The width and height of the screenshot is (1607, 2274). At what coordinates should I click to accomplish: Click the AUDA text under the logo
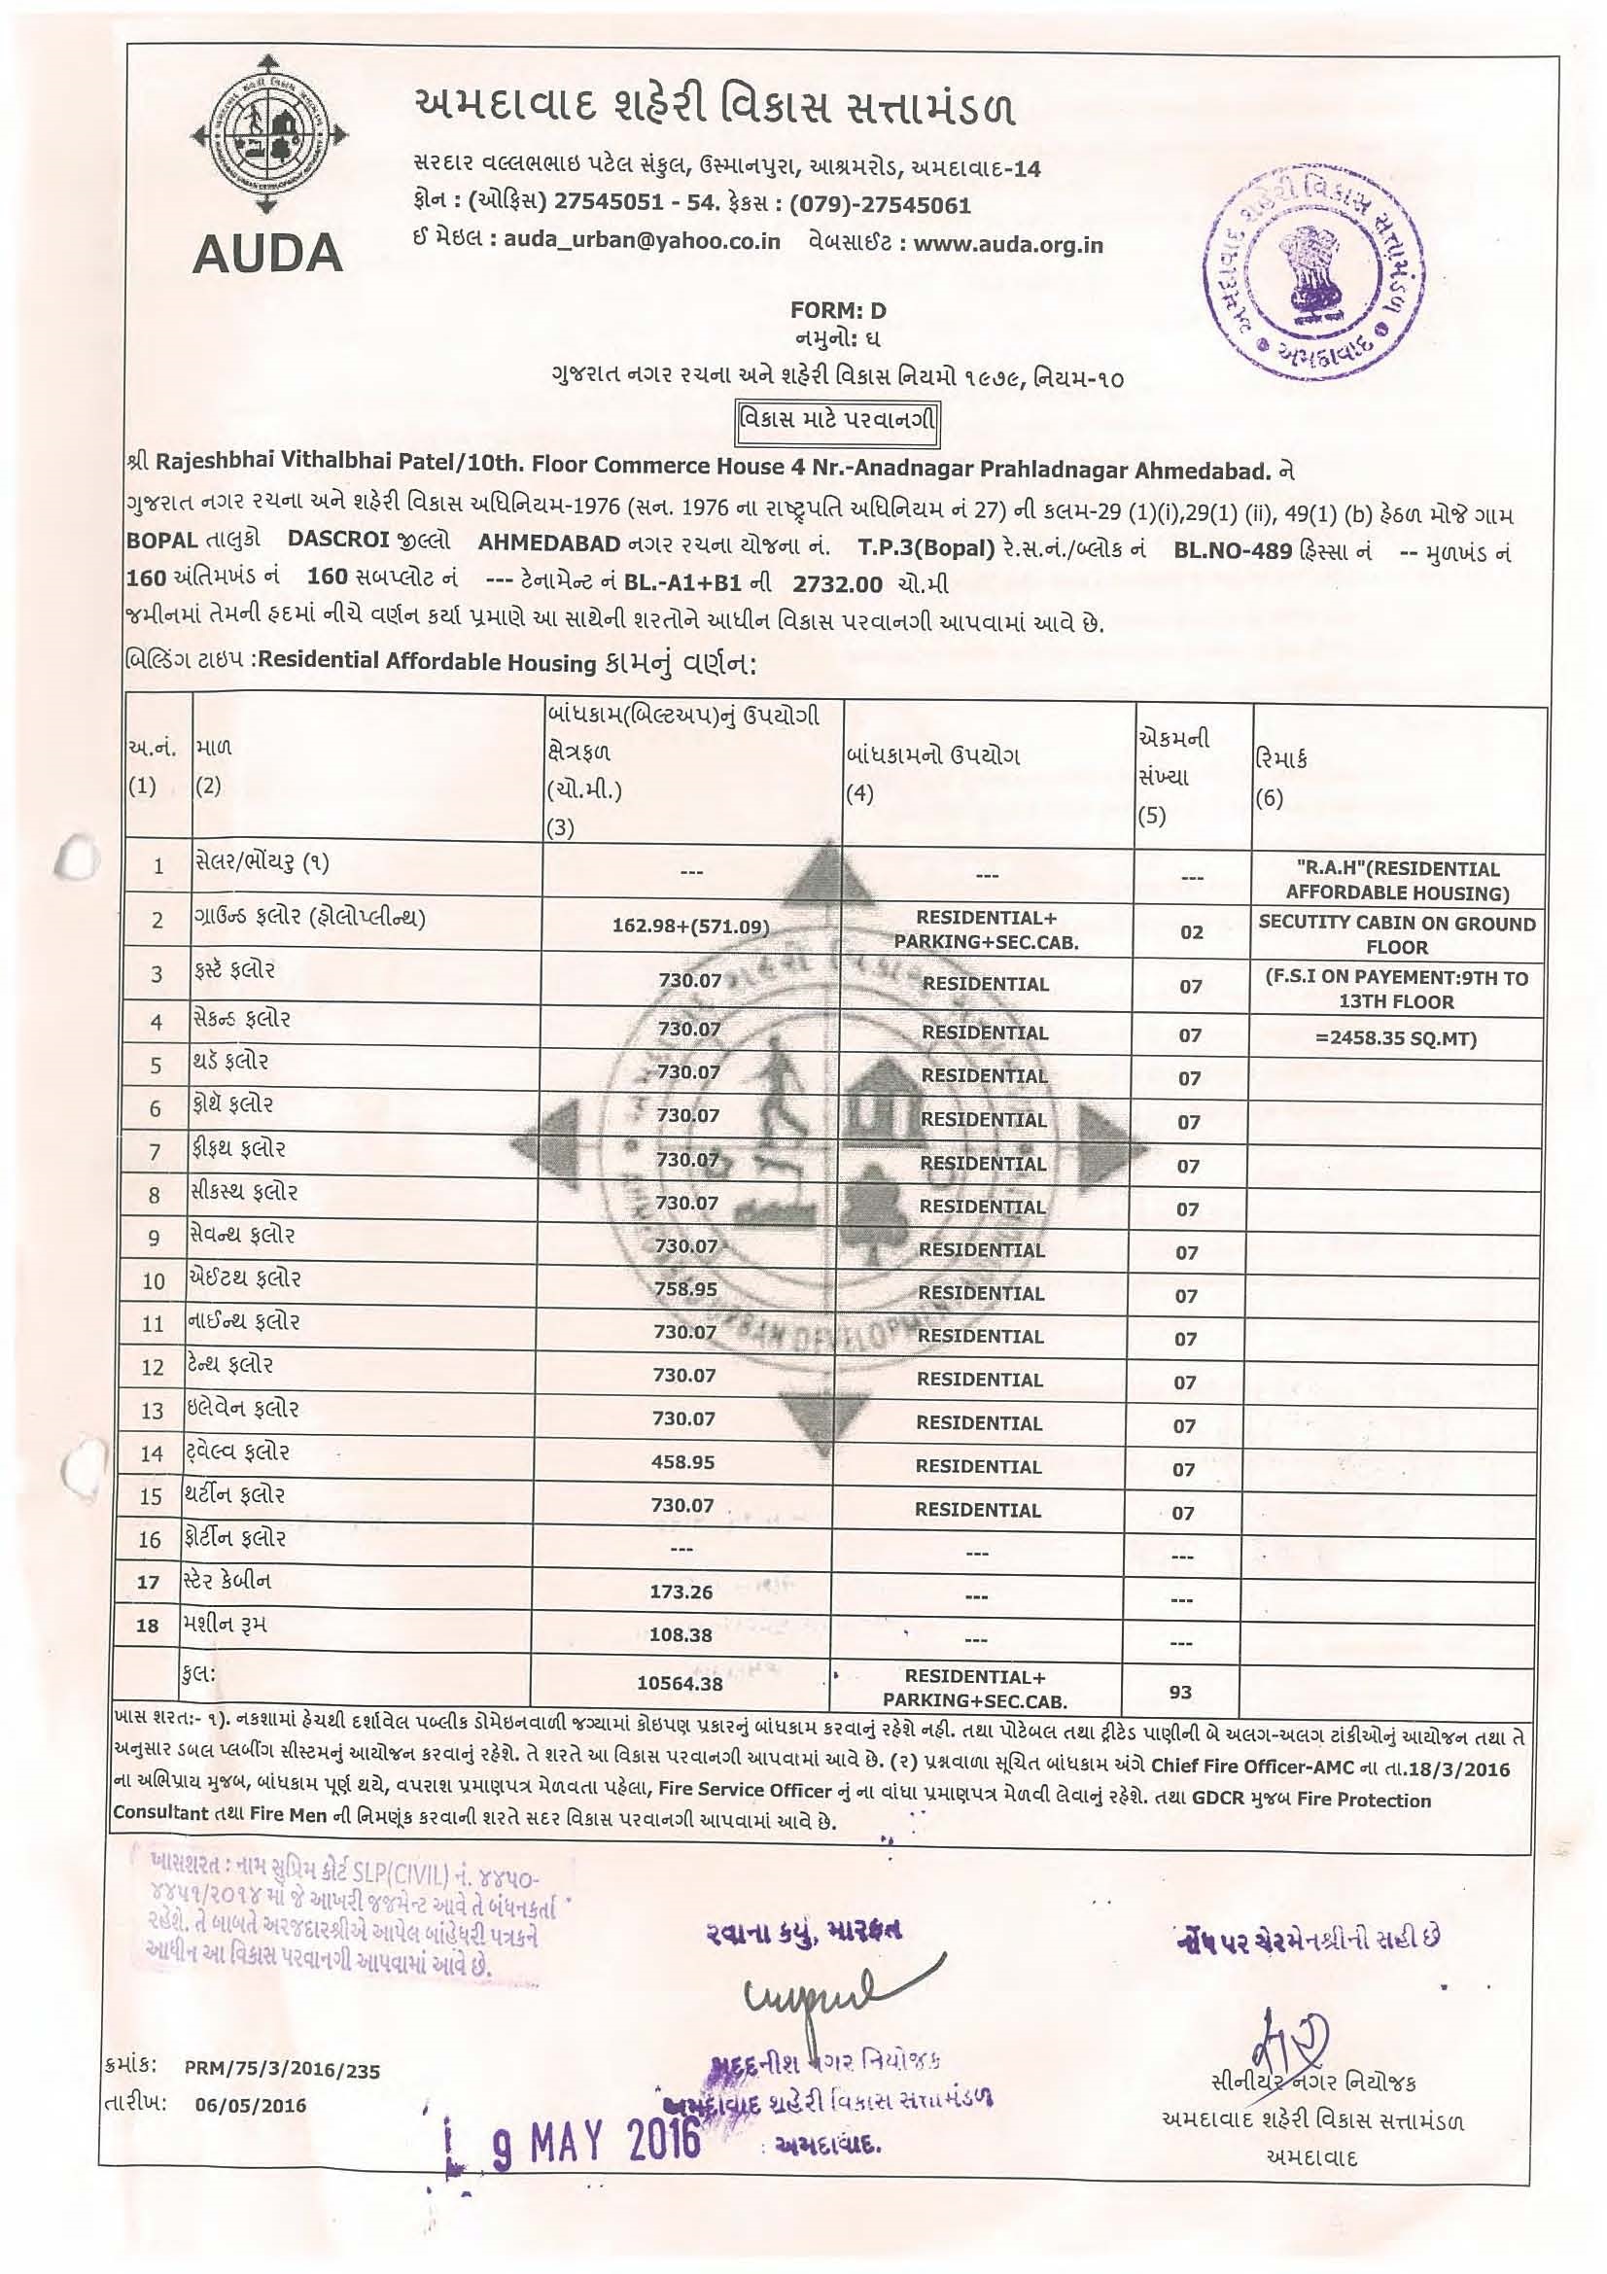pyautogui.click(x=267, y=255)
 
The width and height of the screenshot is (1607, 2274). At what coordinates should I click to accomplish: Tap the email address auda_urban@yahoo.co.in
pyautogui.click(x=642, y=242)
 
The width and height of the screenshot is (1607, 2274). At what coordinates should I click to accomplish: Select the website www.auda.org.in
pyautogui.click(x=1008, y=245)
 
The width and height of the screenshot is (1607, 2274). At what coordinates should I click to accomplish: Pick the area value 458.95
pyautogui.click(x=683, y=1462)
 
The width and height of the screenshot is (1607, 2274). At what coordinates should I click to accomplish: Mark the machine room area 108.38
pyautogui.click(x=681, y=1635)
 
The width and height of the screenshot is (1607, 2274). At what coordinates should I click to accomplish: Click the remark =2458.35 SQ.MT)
pyautogui.click(x=1397, y=1039)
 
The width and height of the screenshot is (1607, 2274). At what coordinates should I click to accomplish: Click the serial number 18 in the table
pyautogui.click(x=149, y=1627)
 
